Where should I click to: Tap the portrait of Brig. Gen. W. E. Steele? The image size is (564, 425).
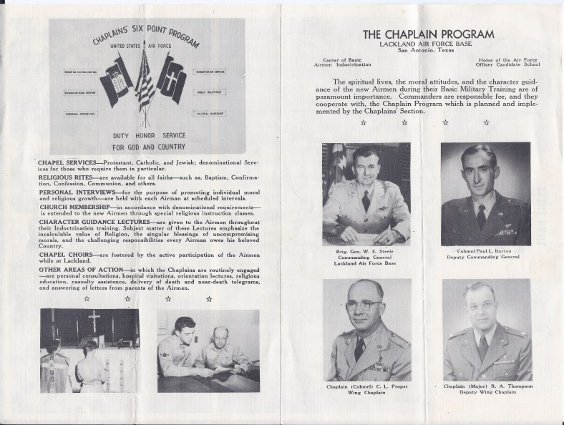pos(366,195)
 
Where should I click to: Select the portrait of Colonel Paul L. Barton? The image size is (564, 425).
pos(486,195)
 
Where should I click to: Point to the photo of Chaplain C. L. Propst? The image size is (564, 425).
pos(366,331)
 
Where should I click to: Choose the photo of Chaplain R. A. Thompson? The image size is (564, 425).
pos(486,331)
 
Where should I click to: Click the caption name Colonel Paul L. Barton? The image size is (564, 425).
pos(486,252)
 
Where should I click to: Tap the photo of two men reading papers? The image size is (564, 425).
pos(208,340)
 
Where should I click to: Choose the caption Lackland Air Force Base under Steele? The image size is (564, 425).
pos(366,265)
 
